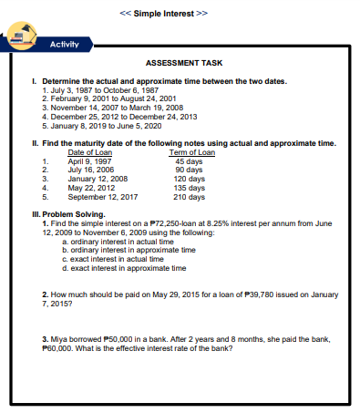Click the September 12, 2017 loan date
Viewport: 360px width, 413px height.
pos(103,195)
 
